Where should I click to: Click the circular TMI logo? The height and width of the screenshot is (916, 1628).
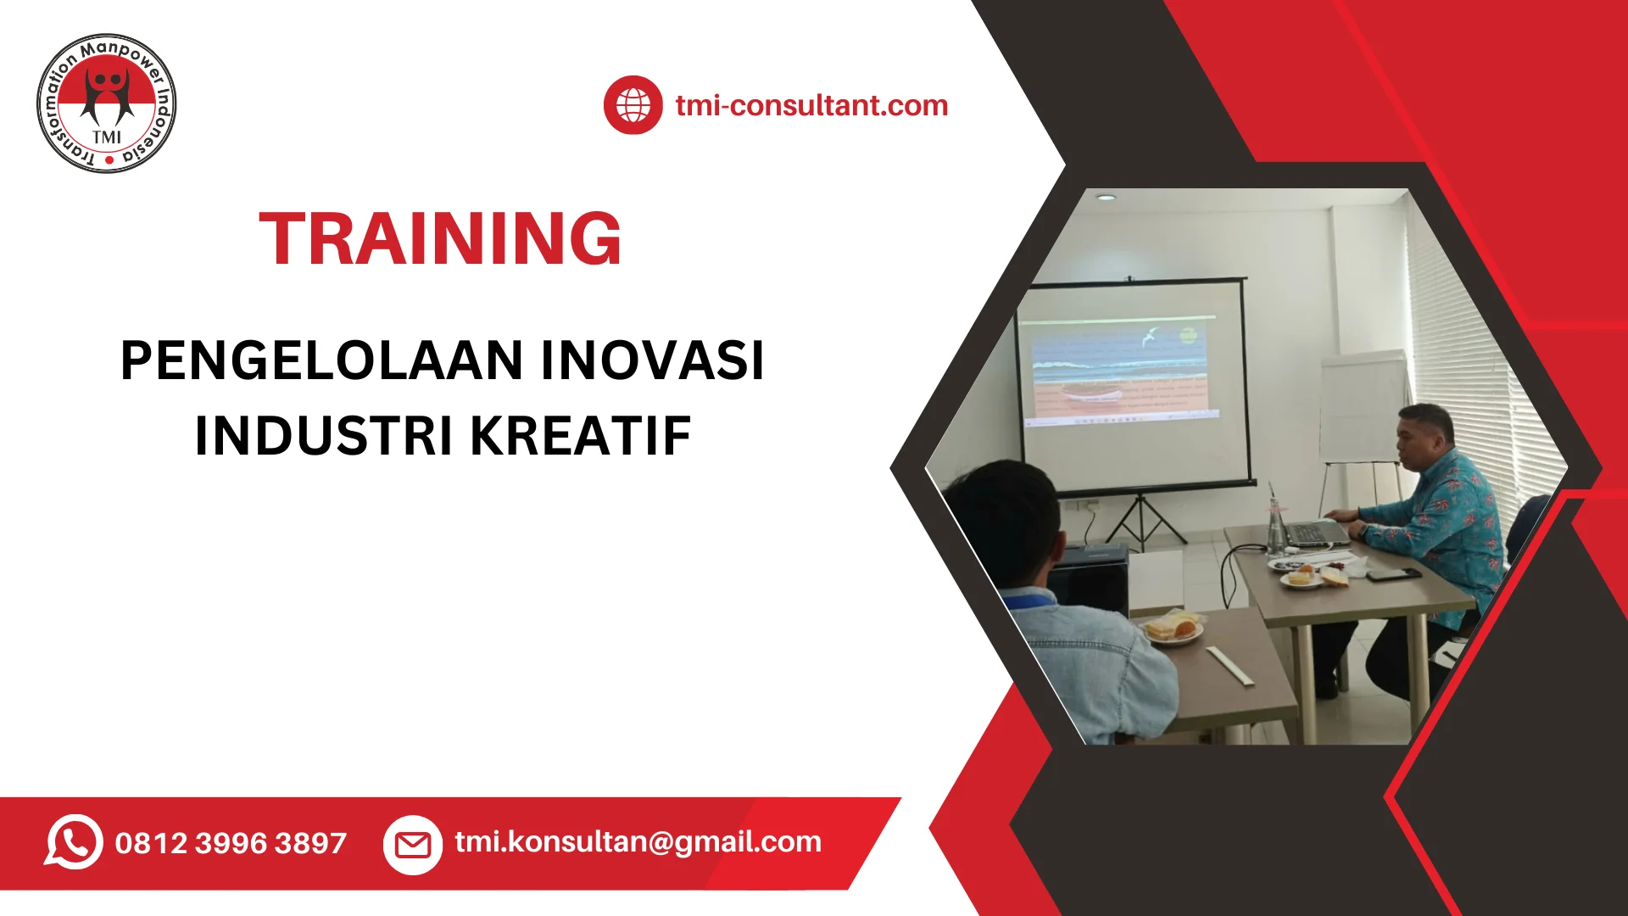107,103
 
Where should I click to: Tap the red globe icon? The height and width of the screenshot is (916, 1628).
633,105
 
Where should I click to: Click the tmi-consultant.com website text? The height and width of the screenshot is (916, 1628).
811,105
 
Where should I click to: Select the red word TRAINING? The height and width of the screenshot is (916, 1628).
440,239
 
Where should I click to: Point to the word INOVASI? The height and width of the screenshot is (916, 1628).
652,360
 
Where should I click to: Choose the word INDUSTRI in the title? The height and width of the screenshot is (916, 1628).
324,436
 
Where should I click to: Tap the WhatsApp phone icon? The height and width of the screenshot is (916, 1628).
74,842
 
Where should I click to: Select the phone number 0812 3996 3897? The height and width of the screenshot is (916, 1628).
231,843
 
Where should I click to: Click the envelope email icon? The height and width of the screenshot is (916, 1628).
413,845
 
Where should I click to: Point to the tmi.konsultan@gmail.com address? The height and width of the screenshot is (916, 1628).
638,841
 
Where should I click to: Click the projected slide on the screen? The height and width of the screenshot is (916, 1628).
1119,369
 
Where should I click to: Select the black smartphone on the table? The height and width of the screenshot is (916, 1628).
1392,574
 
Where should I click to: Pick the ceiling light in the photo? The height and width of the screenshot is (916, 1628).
1106,197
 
